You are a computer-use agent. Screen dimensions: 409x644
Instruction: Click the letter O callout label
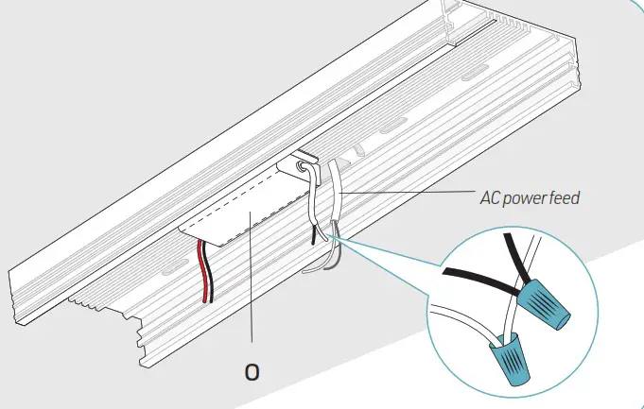[252, 371]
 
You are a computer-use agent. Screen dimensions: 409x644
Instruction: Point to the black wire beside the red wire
[210, 275]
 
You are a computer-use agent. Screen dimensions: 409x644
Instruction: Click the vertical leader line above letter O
[252, 283]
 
